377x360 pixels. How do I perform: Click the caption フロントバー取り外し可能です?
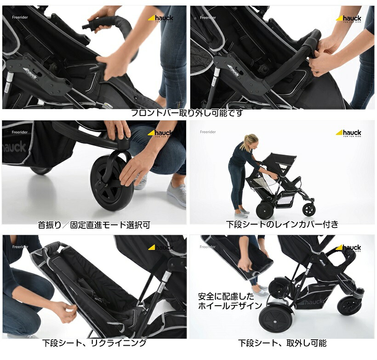point(187,113)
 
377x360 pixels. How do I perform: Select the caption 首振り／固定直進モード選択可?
point(94,225)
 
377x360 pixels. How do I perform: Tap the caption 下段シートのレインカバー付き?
point(282,225)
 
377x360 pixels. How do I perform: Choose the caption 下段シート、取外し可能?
point(282,343)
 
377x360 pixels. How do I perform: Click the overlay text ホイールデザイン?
point(230,305)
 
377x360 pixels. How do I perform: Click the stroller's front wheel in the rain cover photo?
point(309,209)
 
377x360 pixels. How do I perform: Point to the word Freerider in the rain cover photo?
point(208,132)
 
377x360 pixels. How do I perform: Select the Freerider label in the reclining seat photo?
point(20,247)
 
